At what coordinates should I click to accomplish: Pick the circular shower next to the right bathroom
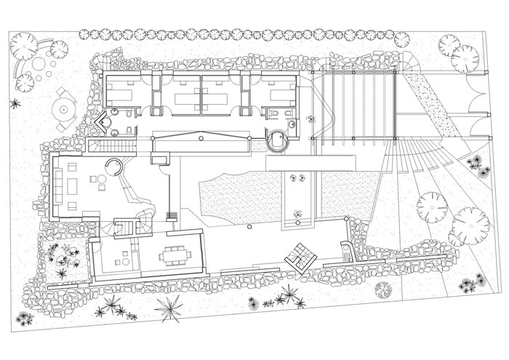[276, 140]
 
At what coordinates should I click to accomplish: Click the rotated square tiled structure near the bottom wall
[300, 255]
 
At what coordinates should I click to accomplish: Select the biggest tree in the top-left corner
[24, 46]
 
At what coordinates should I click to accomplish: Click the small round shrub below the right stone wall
[382, 289]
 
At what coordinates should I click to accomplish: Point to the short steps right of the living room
[172, 215]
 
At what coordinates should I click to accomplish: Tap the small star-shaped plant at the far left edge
[12, 103]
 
